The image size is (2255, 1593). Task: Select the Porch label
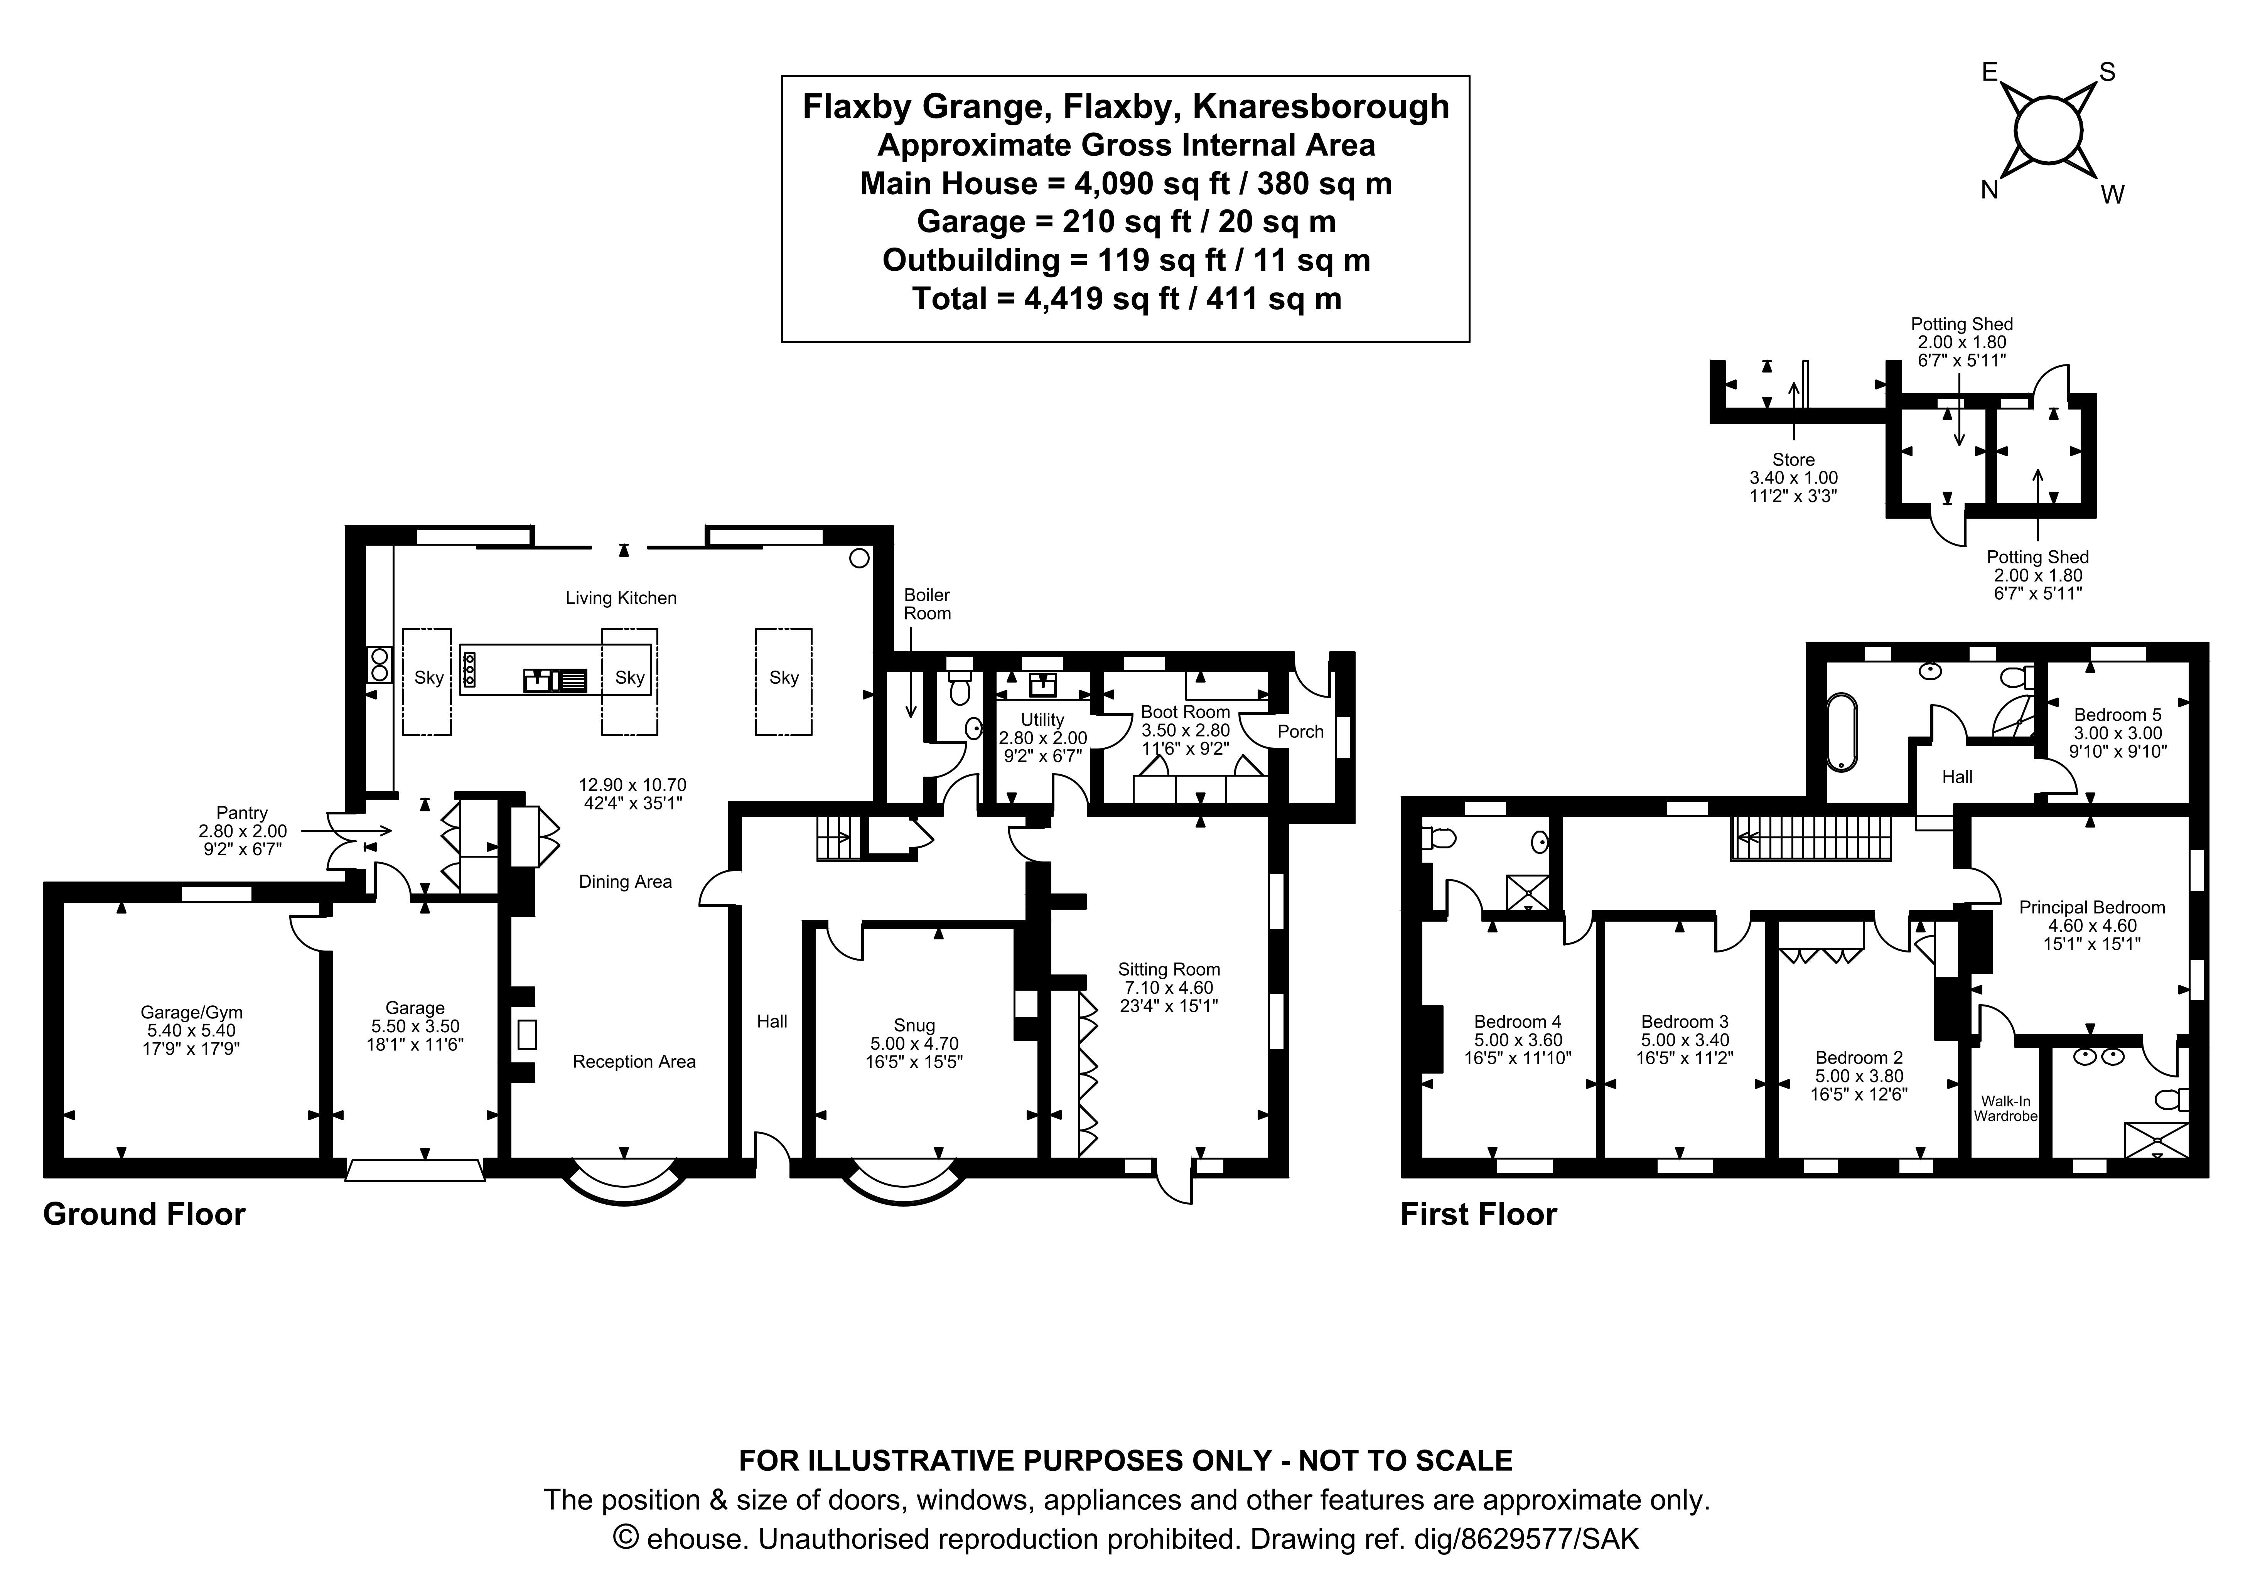1300,732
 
